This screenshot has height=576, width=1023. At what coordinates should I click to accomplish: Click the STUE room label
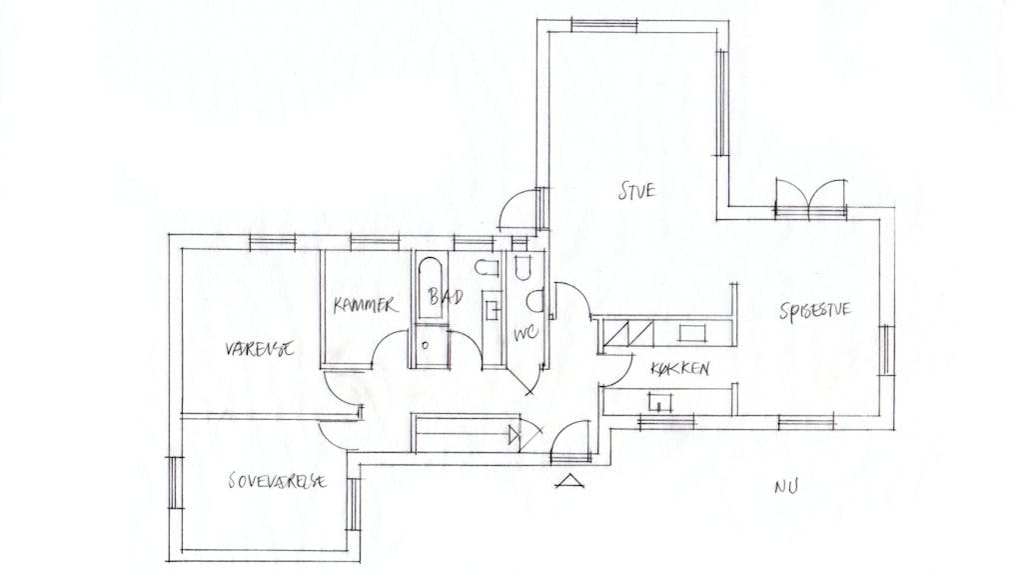(636, 189)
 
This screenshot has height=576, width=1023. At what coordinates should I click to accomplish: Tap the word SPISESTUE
(814, 311)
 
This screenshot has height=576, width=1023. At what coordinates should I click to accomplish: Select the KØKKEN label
(679, 369)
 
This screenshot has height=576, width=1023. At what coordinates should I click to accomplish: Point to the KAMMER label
(365, 306)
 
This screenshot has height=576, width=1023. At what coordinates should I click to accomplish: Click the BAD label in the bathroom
(441, 297)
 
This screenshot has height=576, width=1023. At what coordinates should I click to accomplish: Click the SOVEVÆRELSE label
(277, 481)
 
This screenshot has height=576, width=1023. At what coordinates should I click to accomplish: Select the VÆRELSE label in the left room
(259, 350)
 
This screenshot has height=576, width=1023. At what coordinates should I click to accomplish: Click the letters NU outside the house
(786, 487)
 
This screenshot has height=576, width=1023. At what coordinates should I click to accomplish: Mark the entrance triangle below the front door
(569, 482)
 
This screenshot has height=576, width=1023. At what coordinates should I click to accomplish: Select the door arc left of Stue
(520, 208)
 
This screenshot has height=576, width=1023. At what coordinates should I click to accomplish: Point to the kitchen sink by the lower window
(660, 403)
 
